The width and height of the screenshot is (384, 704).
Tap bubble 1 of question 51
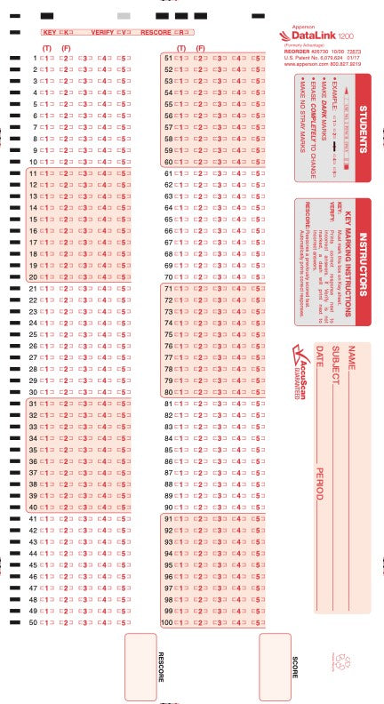pos(181,59)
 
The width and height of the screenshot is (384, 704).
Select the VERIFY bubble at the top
pos(126,32)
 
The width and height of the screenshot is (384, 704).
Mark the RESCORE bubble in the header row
pos(178,32)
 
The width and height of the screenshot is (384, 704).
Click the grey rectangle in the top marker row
pos(124,16)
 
